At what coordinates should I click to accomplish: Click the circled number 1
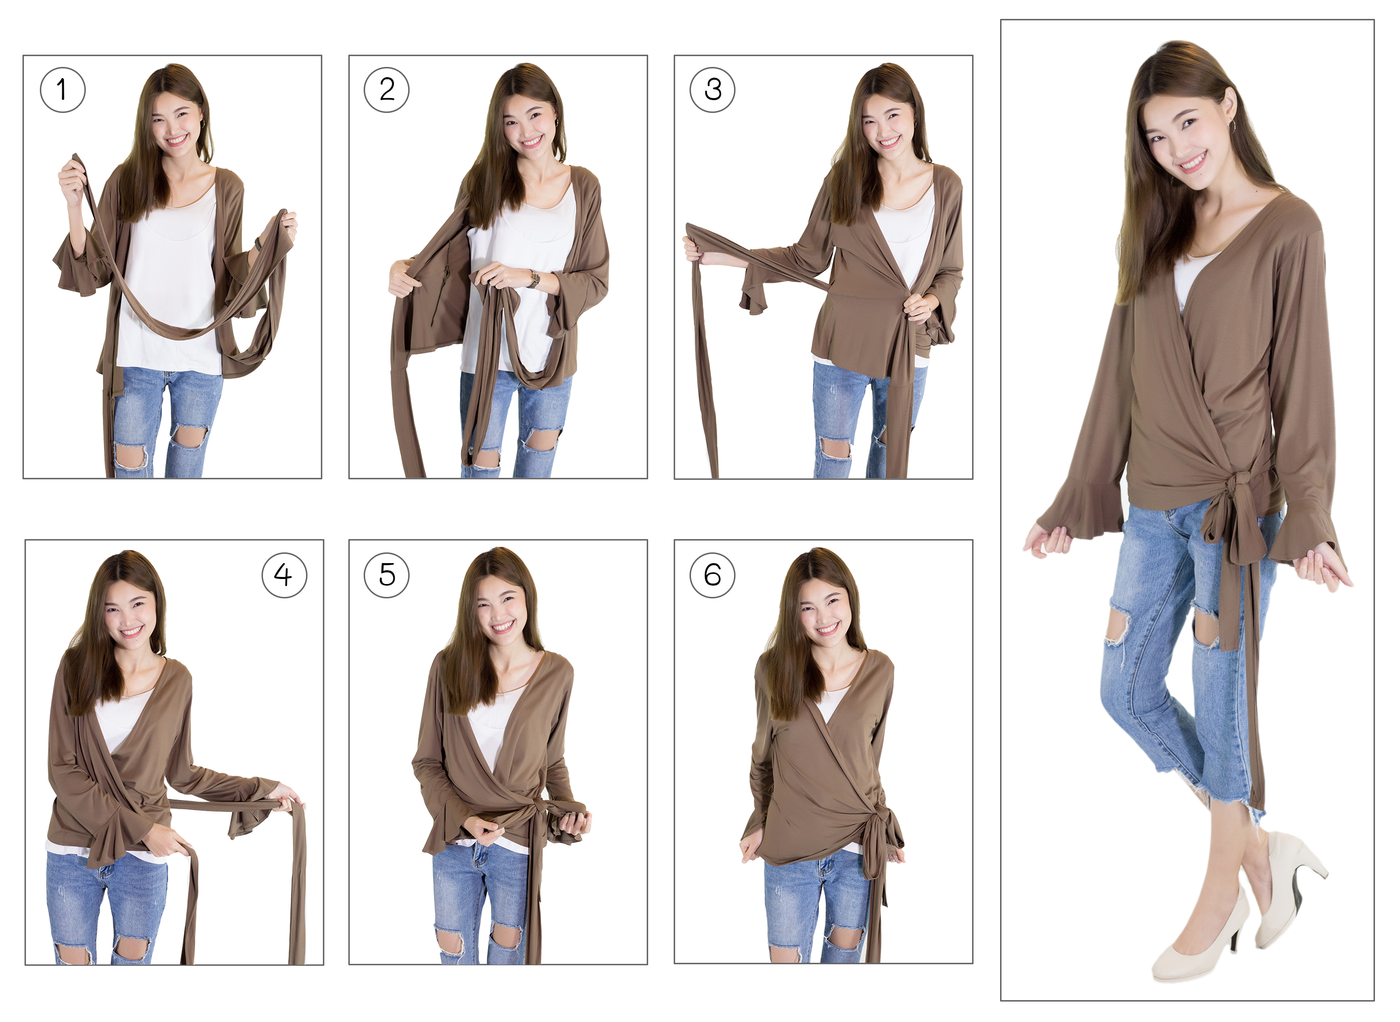point(62,90)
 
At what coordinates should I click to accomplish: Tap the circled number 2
point(387,90)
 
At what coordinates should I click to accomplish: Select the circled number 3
point(713,90)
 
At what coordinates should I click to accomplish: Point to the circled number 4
point(284,575)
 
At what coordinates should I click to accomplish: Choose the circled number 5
point(387,575)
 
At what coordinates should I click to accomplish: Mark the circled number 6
point(713,575)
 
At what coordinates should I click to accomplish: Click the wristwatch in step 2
point(534,279)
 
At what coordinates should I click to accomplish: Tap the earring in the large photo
point(1233,126)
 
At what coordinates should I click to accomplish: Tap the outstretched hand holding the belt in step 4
point(288,798)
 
